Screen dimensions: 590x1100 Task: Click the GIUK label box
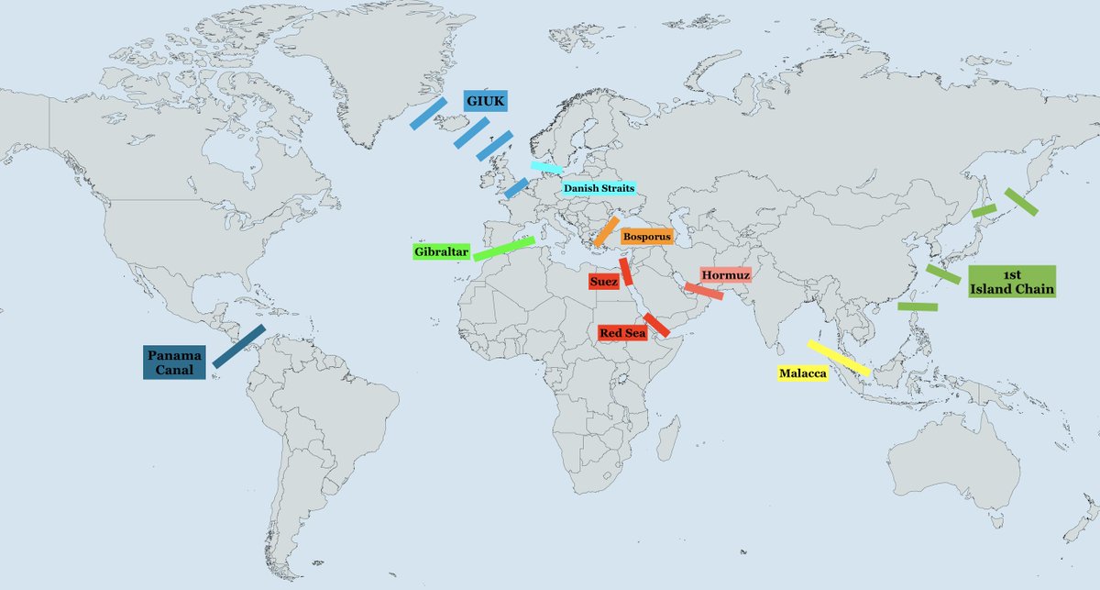[484, 101]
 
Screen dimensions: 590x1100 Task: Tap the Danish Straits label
[599, 188]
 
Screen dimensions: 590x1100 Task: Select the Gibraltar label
[441, 251]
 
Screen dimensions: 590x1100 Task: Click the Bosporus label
[647, 237]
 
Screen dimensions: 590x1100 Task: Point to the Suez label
[603, 282]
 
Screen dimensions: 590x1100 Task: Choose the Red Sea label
[622, 333]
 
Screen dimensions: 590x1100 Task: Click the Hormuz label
[726, 275]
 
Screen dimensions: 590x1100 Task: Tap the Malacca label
[802, 374]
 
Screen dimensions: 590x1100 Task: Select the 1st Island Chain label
[1012, 282]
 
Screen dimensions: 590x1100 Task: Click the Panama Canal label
[173, 362]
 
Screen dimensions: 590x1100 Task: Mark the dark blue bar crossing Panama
[239, 346]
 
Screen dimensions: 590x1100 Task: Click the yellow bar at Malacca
[839, 358]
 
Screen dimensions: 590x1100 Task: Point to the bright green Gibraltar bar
[503, 249]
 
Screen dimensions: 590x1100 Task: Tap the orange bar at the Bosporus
[606, 231]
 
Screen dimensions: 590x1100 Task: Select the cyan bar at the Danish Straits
[546, 167]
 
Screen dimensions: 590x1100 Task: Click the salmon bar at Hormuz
[703, 290]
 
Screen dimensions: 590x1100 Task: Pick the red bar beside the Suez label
[626, 271]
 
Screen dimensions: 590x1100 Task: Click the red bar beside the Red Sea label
[656, 324]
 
